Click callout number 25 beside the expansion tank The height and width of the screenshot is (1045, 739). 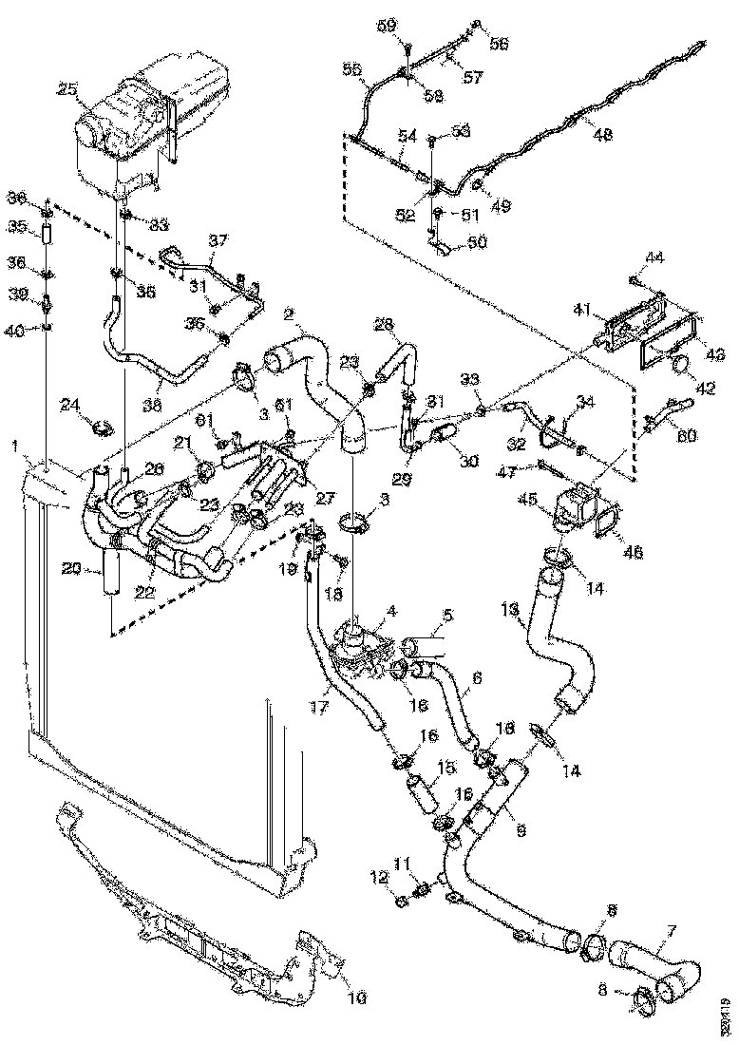[x=67, y=89]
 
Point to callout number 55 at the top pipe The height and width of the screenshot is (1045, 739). [x=351, y=70]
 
